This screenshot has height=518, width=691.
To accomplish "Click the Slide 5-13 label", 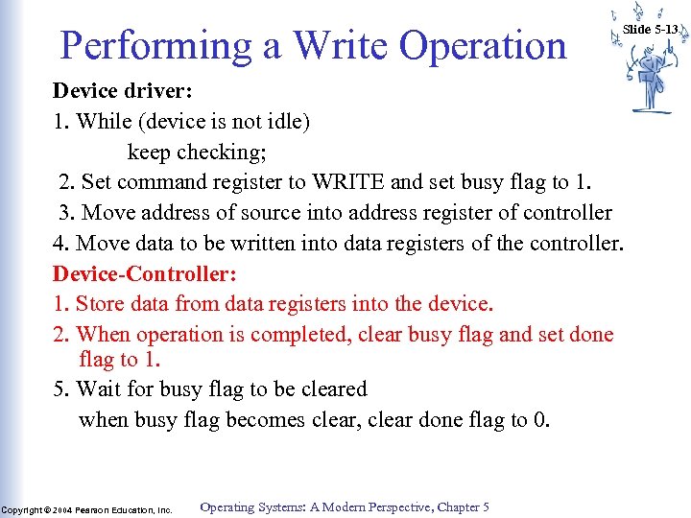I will click(650, 29).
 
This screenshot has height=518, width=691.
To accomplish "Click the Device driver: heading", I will click(123, 91).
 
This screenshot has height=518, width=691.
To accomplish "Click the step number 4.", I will click(59, 243).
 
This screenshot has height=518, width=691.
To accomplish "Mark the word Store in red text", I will click(100, 304).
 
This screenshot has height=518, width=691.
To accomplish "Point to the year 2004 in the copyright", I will click(62, 510).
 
